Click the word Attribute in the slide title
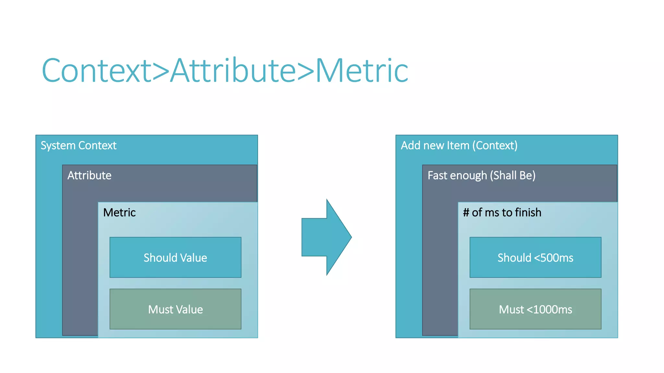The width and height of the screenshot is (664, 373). coord(233,71)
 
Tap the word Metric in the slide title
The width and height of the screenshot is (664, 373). coord(362,71)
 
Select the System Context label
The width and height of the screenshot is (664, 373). coord(78,145)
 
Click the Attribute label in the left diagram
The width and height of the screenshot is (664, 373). coord(89,175)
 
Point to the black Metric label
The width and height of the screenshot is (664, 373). coord(119,212)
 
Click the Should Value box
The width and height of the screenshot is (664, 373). coord(175,258)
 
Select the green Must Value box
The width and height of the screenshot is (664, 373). coord(175,309)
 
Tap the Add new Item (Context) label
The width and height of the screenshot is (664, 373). coord(459,145)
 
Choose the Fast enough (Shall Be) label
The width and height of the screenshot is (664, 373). coord(481,175)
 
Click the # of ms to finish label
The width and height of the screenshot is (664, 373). coord(502,212)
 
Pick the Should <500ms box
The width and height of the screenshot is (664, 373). coord(535,258)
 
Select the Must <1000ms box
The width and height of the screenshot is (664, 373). coord(535,309)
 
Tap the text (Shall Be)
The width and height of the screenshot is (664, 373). coord(513,175)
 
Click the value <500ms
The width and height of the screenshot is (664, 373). coord(553,258)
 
